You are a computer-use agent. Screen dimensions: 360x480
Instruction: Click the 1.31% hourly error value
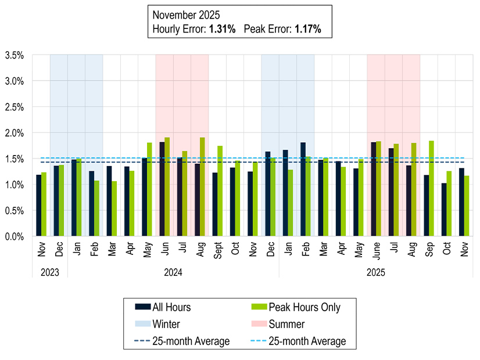coord(221,28)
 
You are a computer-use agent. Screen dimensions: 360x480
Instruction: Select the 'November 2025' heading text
coord(187,14)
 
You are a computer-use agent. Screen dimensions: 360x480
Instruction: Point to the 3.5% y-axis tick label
coord(14,56)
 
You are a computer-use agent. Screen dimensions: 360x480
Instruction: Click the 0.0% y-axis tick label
coord(14,236)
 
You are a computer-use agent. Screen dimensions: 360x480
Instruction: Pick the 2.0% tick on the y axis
coord(14,133)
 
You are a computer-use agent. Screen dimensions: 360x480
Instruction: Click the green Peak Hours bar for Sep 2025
coord(432,189)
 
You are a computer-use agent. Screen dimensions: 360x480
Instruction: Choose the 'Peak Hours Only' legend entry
coord(303,307)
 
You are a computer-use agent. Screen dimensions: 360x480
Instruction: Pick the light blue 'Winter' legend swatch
coord(142,324)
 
